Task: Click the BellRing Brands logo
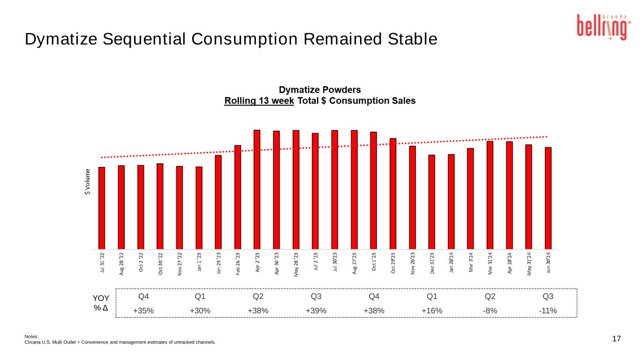pos(603,27)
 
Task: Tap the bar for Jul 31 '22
pos(102,208)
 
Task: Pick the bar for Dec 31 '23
pos(431,202)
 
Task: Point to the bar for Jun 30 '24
pos(548,198)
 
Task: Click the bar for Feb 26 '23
pos(238,197)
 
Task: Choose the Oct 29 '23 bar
pos(393,193)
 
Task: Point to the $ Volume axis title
pos(88,183)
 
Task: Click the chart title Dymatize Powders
pos(320,90)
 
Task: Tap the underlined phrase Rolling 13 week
pos(259,101)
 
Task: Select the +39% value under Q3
pos(316,310)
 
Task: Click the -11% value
pos(548,310)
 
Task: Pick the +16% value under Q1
pos(432,310)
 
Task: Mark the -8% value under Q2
pos(490,310)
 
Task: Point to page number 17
pos(617,338)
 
